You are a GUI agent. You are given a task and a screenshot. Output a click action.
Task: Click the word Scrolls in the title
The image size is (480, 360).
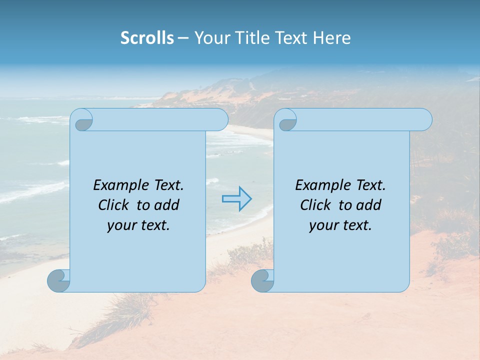click(147, 38)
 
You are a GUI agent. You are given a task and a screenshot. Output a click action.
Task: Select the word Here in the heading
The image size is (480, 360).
click(331, 38)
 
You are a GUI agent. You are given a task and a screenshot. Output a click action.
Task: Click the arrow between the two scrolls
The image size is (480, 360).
click(236, 199)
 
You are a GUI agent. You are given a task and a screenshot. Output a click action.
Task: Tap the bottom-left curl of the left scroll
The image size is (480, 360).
click(58, 280)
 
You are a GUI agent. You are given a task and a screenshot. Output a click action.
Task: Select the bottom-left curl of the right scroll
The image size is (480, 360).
click(262, 280)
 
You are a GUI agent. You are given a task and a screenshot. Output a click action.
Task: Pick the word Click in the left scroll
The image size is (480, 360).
click(112, 205)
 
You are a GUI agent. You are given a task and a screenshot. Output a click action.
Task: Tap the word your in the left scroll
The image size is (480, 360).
click(120, 225)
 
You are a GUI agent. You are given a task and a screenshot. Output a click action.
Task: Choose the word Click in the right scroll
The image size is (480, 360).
click(315, 205)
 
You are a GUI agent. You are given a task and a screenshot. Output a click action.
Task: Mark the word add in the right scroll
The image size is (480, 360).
click(369, 205)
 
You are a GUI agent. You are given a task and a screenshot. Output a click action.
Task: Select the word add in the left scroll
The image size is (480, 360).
click(166, 205)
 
